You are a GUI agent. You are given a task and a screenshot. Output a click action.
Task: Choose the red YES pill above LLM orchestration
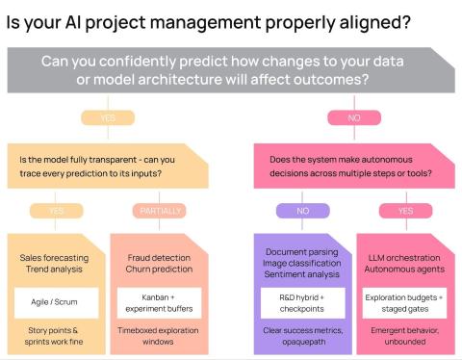[404, 210]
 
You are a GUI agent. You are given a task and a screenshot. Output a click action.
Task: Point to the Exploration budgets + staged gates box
[405, 301]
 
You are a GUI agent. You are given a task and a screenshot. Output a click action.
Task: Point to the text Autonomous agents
[404, 271]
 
